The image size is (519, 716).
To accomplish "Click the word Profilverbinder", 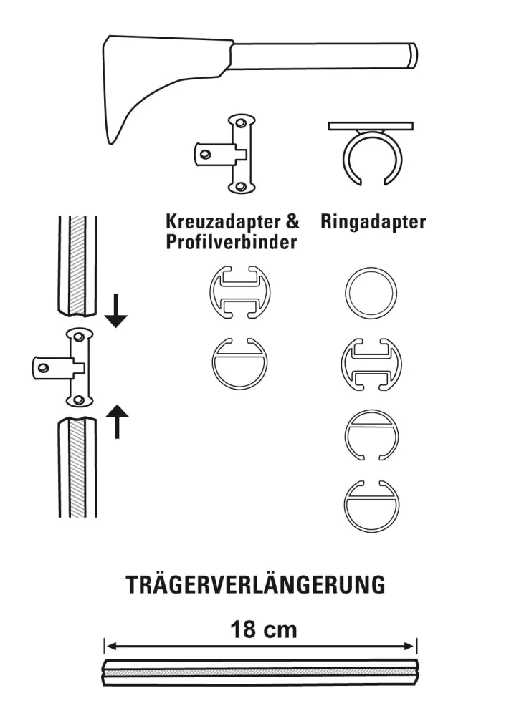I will coord(231,242).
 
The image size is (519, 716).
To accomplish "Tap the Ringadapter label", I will coord(373,222).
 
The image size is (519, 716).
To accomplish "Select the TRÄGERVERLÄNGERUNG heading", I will coord(256,584).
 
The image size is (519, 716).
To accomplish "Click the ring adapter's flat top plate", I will coord(371,127).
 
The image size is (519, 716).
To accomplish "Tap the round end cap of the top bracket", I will coord(412,55).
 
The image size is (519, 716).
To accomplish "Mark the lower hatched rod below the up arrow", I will coord(77,469).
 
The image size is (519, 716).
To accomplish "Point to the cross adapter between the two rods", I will coord(72,366).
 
